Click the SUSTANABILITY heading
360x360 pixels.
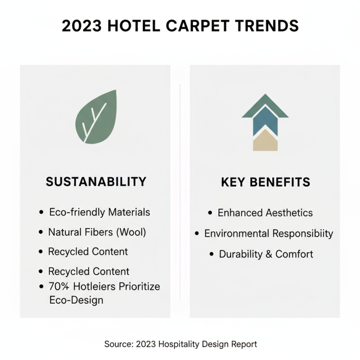96,182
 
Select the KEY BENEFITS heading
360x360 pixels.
265,182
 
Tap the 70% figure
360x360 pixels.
60,287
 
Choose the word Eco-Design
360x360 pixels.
76,300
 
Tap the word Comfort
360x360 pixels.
294,254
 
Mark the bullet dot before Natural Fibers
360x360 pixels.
42,233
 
